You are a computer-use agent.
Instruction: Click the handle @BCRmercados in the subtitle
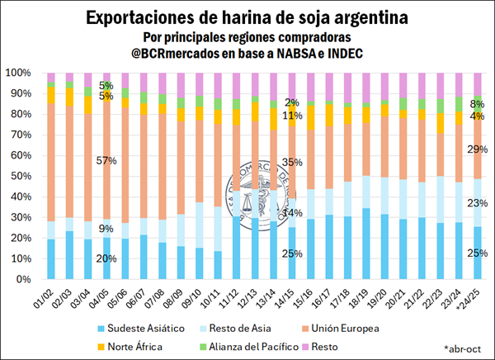tap(194, 54)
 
